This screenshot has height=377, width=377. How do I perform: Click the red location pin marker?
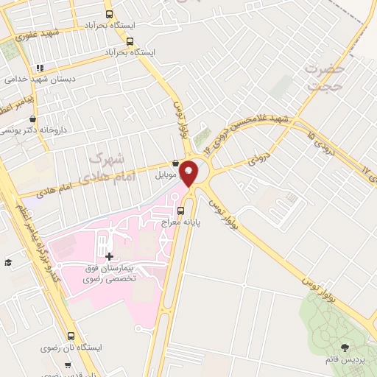click(x=189, y=173)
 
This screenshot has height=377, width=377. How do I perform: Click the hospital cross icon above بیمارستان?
click(x=110, y=256)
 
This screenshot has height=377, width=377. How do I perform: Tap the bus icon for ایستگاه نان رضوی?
click(x=71, y=334)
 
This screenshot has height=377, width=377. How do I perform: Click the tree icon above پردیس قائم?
click(x=345, y=347)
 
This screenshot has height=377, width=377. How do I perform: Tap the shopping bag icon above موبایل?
click(x=175, y=164)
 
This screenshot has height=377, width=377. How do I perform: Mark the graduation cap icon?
click(x=8, y=263)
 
